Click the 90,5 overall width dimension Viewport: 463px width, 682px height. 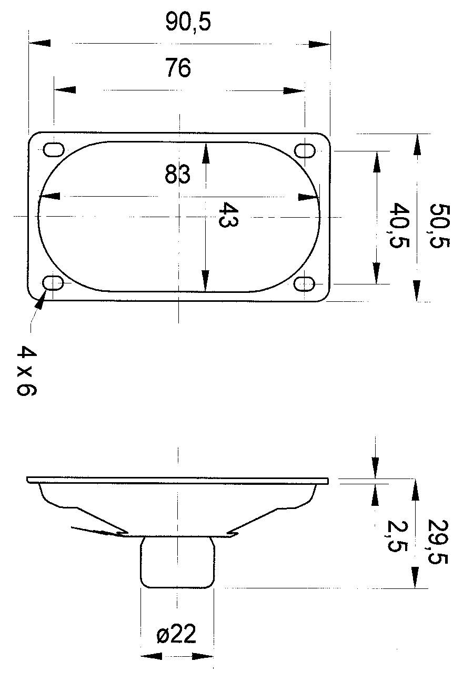(x=188, y=23)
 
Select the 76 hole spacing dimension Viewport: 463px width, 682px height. (x=178, y=68)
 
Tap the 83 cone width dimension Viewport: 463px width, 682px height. (x=177, y=174)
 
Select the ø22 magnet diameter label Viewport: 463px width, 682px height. (x=176, y=635)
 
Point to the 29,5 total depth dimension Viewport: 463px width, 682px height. (x=438, y=542)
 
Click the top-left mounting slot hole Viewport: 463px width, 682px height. (x=53, y=150)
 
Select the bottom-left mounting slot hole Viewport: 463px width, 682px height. (x=54, y=283)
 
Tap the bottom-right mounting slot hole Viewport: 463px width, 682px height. (x=304, y=284)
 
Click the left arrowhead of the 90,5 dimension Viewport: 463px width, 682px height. (x=39, y=43)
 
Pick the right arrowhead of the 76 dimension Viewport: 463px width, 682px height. (x=294, y=90)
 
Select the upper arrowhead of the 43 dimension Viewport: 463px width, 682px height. (x=205, y=154)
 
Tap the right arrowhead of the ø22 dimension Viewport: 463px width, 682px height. (x=203, y=656)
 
